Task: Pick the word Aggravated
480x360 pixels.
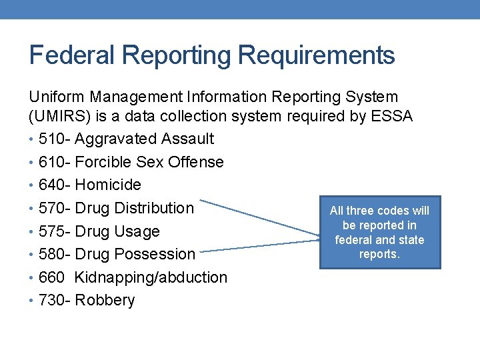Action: (x=116, y=139)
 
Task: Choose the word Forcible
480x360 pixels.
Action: (x=103, y=162)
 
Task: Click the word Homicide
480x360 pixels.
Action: (x=108, y=185)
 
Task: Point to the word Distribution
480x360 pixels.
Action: (x=154, y=208)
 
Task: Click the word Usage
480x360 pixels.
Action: (x=137, y=231)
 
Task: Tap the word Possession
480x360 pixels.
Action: (x=155, y=254)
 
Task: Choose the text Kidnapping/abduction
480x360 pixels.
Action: (x=151, y=277)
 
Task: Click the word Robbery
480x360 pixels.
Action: (x=105, y=300)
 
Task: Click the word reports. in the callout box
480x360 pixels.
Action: (x=380, y=254)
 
